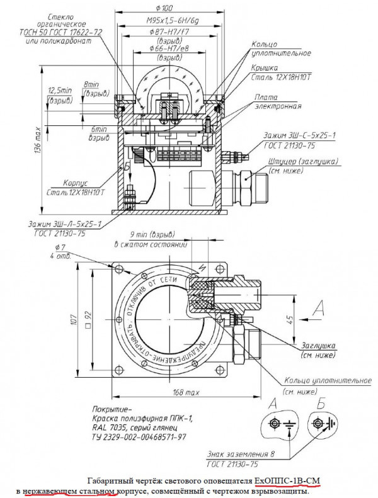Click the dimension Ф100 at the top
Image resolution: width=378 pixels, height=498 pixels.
pos(166,8)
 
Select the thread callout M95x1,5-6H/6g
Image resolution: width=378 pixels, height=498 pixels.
pos(165,21)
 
